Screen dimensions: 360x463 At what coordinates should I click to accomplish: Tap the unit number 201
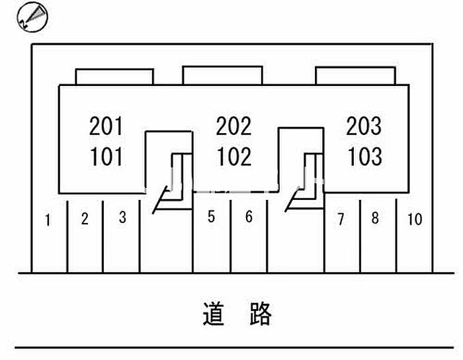point(106,125)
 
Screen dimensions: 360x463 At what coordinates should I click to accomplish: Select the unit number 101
point(106,157)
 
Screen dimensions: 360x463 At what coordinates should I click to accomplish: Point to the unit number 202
point(234,125)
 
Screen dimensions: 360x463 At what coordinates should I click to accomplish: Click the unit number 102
point(234,157)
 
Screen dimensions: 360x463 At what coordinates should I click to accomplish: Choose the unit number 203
point(364,125)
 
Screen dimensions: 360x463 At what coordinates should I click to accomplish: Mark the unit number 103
point(364,157)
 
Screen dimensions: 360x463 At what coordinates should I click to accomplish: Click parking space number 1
point(48,220)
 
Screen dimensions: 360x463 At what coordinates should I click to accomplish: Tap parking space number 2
point(85,218)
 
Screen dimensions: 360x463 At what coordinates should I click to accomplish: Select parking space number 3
point(122,217)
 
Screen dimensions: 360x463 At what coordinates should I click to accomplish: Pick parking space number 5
point(211,217)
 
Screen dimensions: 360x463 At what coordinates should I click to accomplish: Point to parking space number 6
point(249,217)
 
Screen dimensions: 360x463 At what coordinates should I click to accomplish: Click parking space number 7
point(341,219)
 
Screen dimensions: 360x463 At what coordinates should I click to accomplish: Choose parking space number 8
point(375,218)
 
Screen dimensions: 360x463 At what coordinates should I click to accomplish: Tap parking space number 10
point(415,218)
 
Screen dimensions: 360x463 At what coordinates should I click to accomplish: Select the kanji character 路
point(261,314)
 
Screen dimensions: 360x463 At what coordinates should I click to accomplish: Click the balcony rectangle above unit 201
point(114,77)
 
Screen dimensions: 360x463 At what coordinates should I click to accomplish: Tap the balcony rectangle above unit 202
point(222,75)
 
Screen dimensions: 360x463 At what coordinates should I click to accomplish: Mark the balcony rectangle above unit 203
point(355,76)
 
